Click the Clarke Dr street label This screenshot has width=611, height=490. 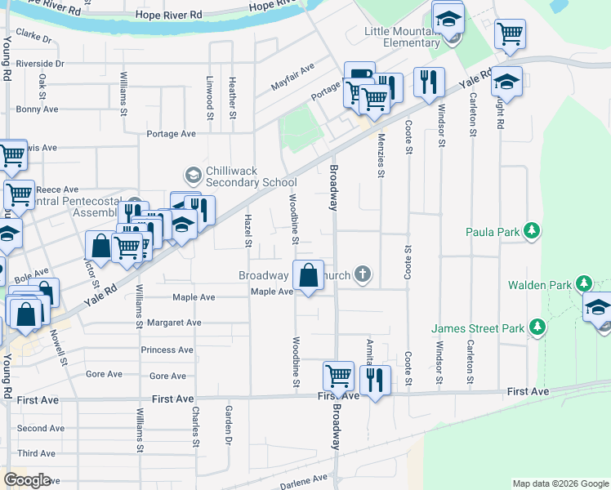click(33, 38)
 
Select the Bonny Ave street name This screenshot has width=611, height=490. click(38, 109)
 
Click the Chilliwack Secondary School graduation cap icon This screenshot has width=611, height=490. click(193, 175)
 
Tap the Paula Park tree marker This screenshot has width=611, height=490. click(533, 231)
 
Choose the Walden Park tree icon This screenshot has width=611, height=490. click(583, 284)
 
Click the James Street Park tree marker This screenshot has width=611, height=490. click(537, 327)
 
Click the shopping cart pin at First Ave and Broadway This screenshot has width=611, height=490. click(338, 376)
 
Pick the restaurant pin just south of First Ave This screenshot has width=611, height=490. click(375, 380)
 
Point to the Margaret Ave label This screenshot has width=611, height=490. click(171, 323)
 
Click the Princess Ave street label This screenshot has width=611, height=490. click(167, 350)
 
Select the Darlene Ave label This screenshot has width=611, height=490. click(303, 483)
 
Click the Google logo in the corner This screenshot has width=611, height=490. click(26, 479)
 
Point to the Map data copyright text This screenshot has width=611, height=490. click(560, 483)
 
